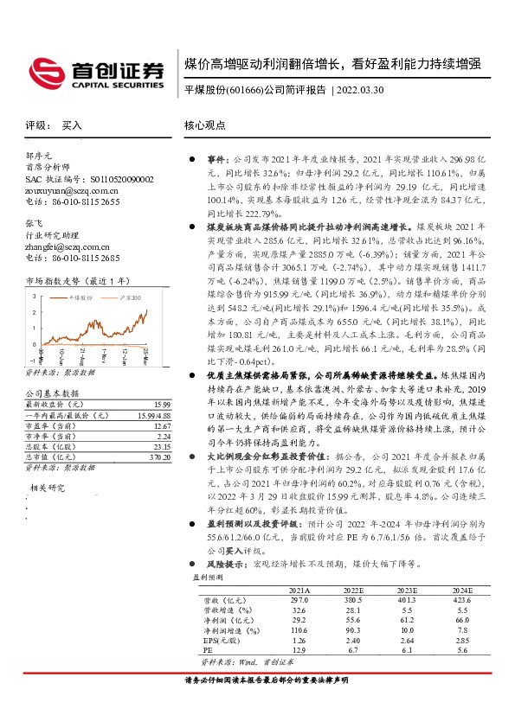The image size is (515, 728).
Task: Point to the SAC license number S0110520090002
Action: coord(102,178)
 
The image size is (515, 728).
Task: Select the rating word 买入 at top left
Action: coord(73,125)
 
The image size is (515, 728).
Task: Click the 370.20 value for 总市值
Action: coord(158,457)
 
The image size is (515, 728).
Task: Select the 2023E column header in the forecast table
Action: coord(407,590)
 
